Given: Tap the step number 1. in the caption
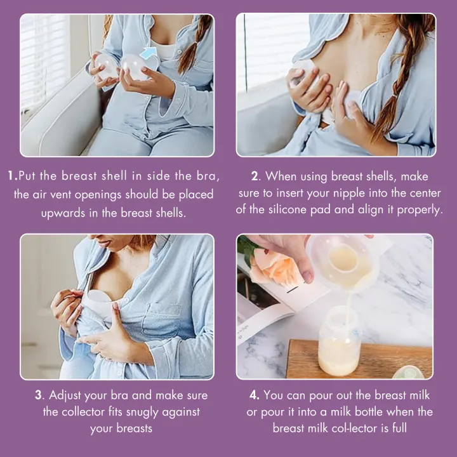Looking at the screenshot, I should pos(13,176).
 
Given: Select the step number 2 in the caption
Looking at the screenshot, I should pos(255,176).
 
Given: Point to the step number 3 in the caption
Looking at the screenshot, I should pos(38,395).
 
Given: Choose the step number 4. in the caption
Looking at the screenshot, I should pos(255,395).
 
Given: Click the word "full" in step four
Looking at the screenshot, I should pos(397,428).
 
